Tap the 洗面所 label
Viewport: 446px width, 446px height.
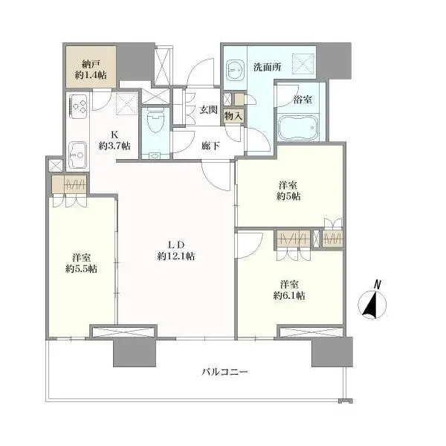(x=267, y=66)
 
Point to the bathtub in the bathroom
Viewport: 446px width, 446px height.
(x=299, y=129)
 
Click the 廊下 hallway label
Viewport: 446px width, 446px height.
(x=210, y=146)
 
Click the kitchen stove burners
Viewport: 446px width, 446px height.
(x=78, y=107)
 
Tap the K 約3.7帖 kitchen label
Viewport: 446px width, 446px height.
(x=114, y=140)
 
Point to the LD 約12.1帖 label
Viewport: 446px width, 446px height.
(x=175, y=251)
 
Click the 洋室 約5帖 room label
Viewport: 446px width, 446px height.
(x=289, y=190)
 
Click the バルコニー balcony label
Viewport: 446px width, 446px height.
(x=224, y=371)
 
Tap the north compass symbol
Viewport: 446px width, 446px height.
(x=369, y=306)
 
